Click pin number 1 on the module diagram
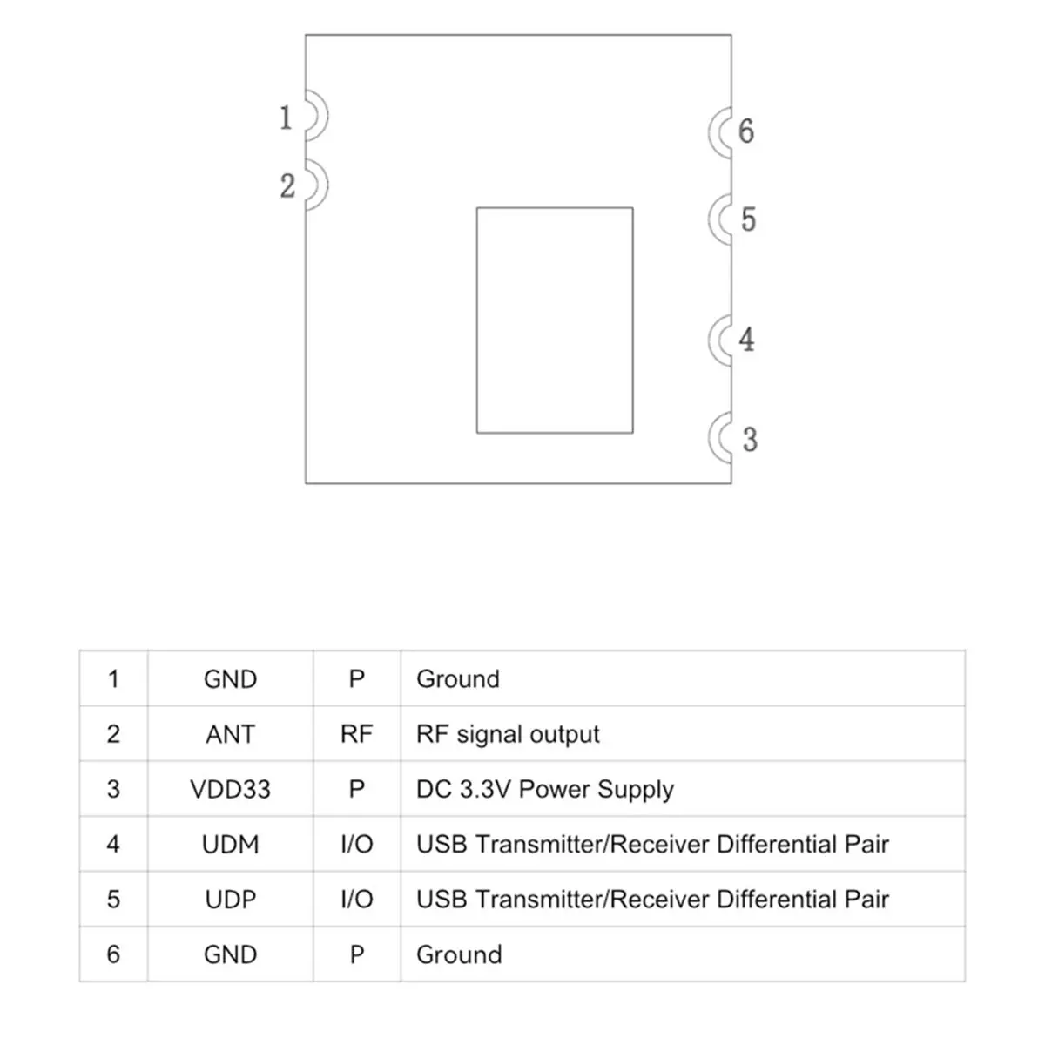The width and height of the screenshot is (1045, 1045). [x=286, y=118]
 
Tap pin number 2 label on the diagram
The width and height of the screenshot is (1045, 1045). [x=287, y=186]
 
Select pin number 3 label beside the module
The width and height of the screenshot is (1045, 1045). [x=750, y=439]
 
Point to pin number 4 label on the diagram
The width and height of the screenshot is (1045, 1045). [x=746, y=340]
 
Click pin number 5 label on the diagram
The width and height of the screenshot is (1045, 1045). [x=748, y=219]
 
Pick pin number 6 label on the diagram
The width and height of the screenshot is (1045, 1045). [x=746, y=131]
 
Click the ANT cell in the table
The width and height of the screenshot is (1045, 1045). [x=230, y=734]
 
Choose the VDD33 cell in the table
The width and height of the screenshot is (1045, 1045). [x=230, y=789]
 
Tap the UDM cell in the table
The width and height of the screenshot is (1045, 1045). [x=230, y=845]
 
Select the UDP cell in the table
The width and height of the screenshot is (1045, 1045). [x=230, y=899]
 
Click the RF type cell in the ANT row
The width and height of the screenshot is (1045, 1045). [x=356, y=734]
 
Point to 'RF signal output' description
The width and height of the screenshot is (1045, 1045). [x=508, y=735]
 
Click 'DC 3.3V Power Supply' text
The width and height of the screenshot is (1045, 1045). [x=544, y=790]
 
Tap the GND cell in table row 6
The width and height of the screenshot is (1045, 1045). [x=230, y=954]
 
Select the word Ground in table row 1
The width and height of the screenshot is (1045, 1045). [x=458, y=679]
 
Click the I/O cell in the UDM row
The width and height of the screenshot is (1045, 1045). [x=356, y=845]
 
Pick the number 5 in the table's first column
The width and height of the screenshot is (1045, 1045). [x=113, y=899]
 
